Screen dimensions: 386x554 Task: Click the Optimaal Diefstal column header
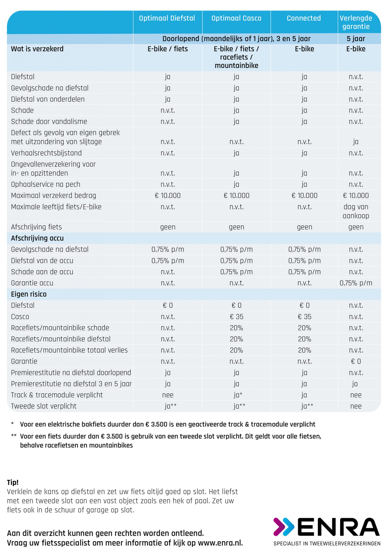click(167, 18)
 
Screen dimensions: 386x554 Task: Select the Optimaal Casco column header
click(236, 18)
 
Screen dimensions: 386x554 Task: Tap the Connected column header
click(304, 18)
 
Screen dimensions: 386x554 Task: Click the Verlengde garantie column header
click(356, 22)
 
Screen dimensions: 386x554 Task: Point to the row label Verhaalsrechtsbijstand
click(46, 153)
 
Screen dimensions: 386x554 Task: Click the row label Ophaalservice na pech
click(46, 184)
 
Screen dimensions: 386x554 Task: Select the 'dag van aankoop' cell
click(356, 211)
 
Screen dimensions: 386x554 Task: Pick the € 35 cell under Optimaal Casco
click(236, 316)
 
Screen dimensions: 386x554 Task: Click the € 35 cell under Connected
click(305, 316)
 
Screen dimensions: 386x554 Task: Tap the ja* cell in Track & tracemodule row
click(238, 395)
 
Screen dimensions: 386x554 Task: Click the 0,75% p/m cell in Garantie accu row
click(356, 283)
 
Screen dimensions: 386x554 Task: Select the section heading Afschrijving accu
click(37, 238)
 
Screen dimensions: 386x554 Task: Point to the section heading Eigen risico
click(29, 294)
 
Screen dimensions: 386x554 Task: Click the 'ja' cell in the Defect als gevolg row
click(356, 142)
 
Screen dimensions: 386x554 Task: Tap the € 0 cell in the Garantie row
click(356, 361)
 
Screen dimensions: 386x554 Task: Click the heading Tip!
click(13, 482)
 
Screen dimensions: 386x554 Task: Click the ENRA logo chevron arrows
click(284, 527)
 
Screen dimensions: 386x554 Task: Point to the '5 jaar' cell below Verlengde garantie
click(356, 39)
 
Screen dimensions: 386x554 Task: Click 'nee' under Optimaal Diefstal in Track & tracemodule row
click(168, 395)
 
